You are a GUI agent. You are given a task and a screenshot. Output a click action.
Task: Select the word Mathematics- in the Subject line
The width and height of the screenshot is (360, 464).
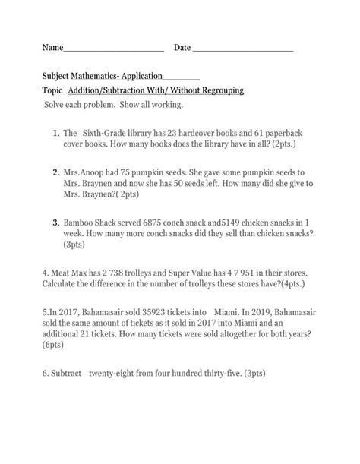[99, 77]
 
